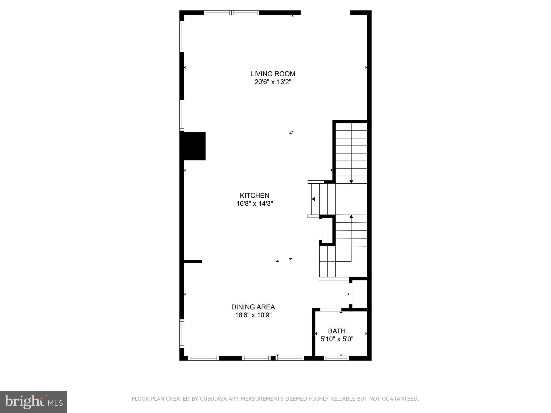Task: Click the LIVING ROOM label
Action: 273,74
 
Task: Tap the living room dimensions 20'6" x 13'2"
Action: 273,82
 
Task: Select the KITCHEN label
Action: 255,195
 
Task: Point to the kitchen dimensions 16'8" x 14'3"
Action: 255,204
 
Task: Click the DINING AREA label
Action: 253,307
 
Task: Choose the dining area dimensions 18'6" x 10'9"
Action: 253,315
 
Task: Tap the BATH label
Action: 337,331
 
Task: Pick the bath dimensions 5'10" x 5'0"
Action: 337,339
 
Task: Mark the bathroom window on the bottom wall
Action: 336,358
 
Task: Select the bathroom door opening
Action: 331,310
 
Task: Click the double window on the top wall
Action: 231,13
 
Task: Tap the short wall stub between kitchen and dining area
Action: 193,261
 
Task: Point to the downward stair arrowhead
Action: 351,182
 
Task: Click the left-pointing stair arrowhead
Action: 313,199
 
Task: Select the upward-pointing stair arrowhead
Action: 351,216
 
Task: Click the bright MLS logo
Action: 34,402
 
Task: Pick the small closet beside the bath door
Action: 360,294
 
